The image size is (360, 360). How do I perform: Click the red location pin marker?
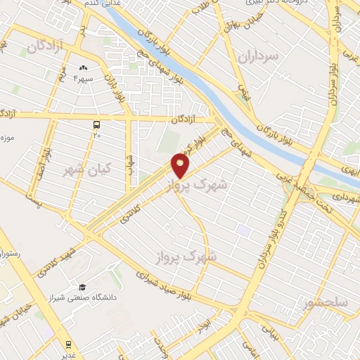pos(181,165)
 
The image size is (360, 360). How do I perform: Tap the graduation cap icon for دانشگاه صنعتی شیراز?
pos(82,287)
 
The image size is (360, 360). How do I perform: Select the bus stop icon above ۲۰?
pos(96,124)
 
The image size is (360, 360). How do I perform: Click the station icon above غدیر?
pos(68,344)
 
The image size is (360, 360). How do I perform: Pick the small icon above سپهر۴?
pos(83,68)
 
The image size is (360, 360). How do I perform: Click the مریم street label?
pos(62,78)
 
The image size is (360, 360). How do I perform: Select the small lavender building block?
pos(243,230)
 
